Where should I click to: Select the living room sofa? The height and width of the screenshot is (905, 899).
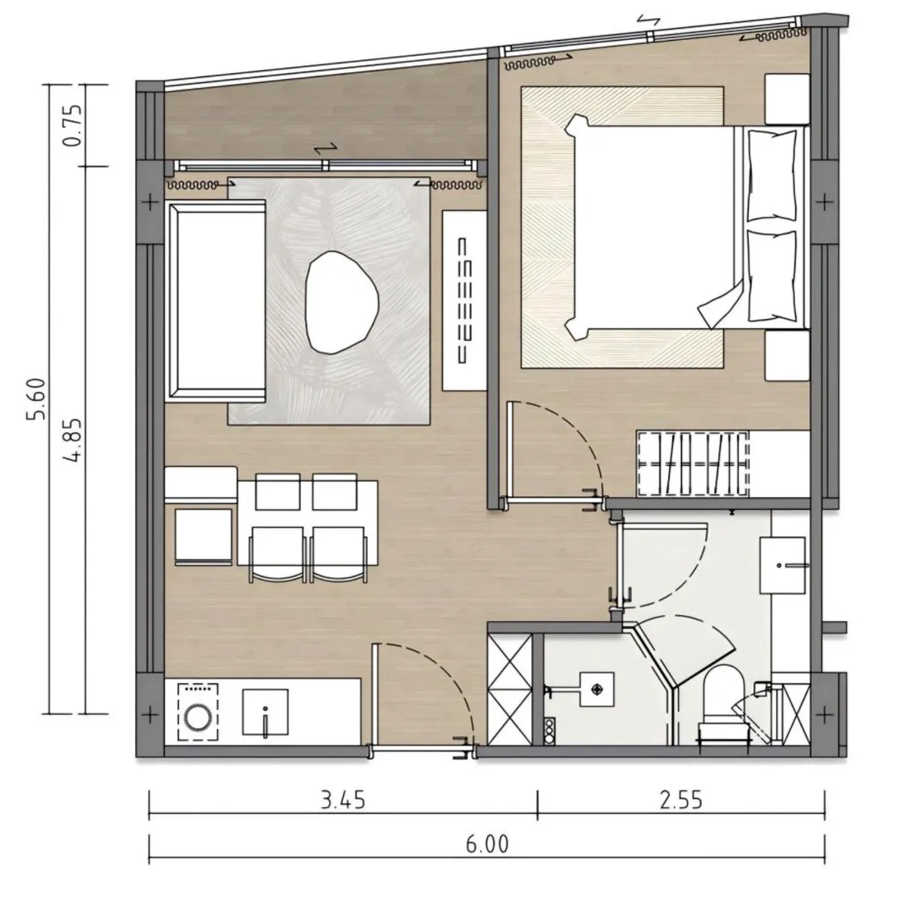click(x=216, y=301)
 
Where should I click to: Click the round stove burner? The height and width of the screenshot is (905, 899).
click(x=198, y=717)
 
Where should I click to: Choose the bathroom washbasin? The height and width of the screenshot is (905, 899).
click(x=783, y=566)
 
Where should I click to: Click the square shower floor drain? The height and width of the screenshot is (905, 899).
click(x=597, y=689)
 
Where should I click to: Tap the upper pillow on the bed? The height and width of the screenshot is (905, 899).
click(x=772, y=176)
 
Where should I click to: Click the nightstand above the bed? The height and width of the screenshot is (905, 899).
click(x=787, y=99)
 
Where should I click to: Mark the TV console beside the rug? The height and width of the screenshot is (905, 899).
click(x=465, y=299)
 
